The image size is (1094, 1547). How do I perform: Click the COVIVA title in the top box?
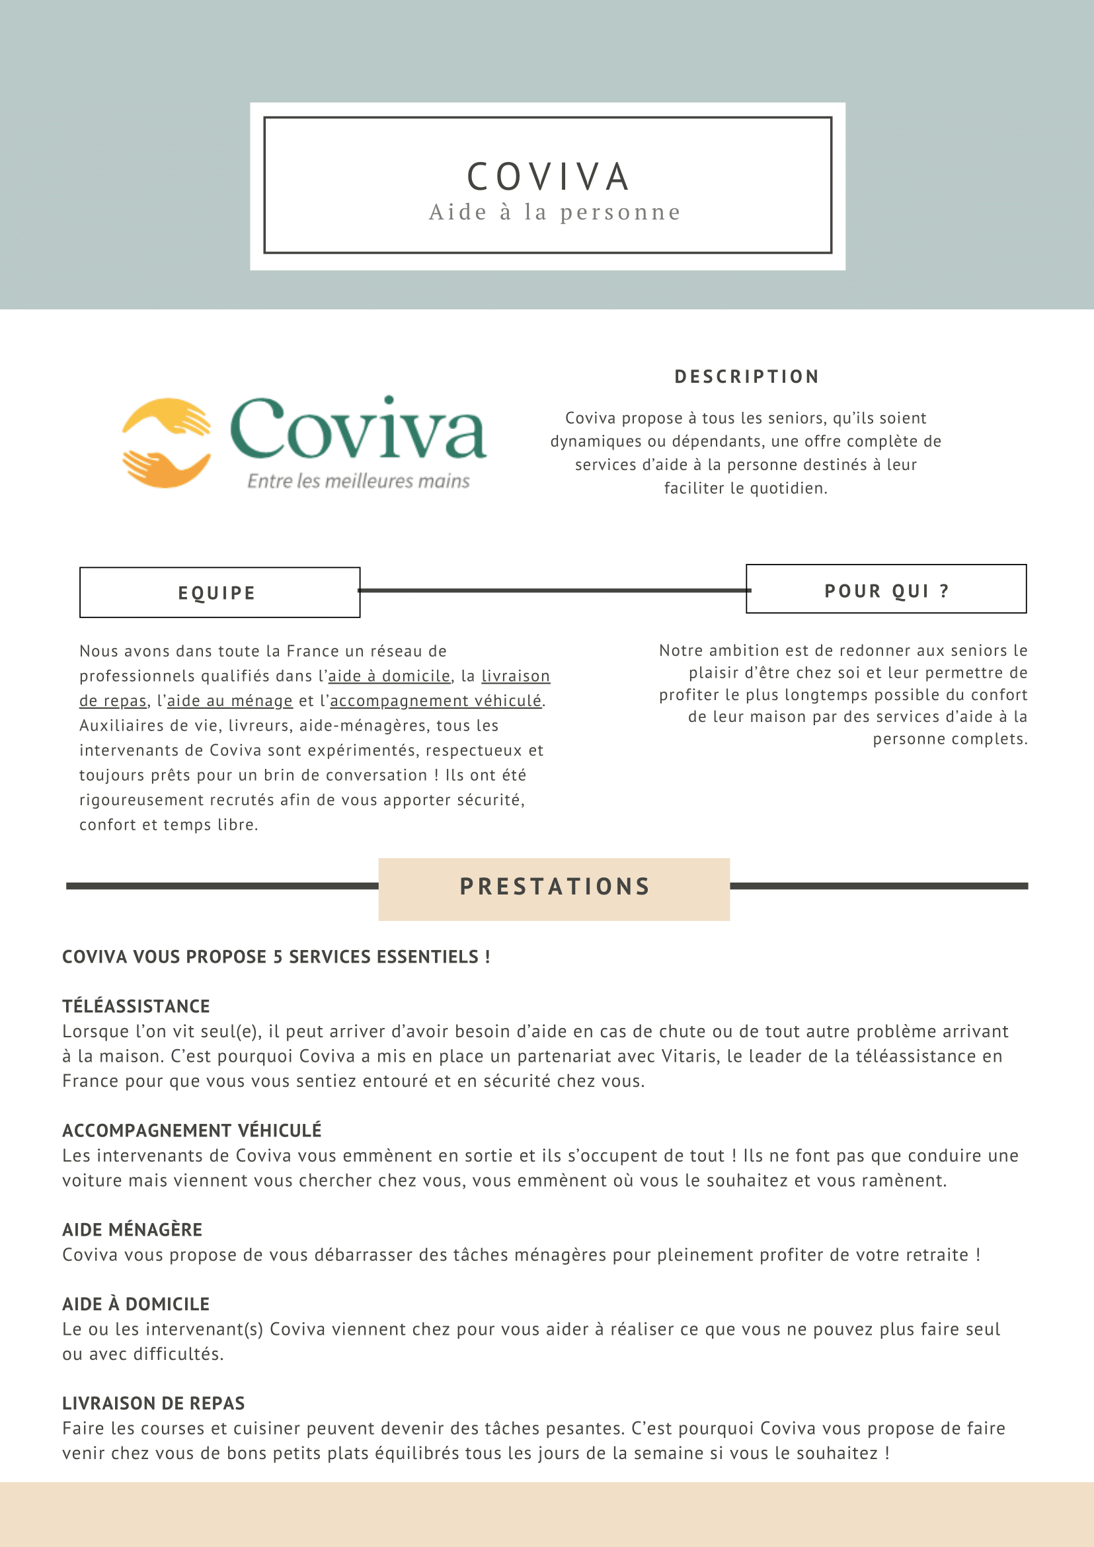coord(549,177)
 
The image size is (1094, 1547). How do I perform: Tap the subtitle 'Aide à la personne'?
coord(555,212)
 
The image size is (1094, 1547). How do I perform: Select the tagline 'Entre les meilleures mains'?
coord(358,481)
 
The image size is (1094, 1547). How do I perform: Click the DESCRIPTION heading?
coord(747,377)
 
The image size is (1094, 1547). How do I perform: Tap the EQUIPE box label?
coord(217,593)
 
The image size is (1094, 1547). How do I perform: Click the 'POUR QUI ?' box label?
coord(886,591)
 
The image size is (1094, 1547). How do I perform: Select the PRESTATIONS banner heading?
coord(555,887)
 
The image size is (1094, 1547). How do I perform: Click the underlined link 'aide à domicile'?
coord(389,676)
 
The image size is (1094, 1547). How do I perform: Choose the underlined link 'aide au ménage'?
coord(230,701)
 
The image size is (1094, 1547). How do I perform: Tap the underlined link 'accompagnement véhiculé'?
coord(435,701)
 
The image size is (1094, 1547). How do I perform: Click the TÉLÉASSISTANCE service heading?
coord(136,1006)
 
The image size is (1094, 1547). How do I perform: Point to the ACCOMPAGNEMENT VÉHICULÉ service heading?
coord(192,1130)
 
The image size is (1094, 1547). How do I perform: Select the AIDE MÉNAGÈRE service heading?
coord(132,1230)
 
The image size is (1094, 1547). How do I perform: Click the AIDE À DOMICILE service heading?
coord(136,1304)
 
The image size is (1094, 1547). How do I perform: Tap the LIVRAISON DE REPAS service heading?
coord(153,1403)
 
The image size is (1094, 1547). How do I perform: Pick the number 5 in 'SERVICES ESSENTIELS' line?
coord(277,957)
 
